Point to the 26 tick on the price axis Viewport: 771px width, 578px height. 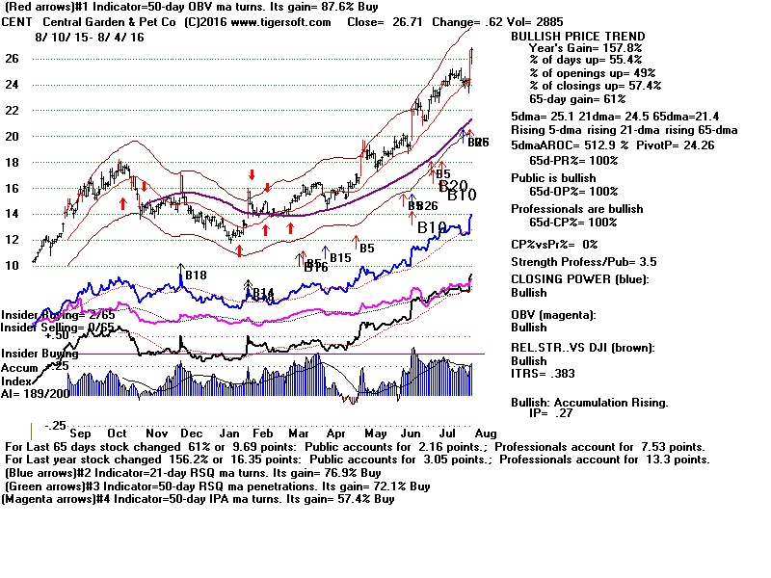coord(13,59)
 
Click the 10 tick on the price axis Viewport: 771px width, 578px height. coord(13,266)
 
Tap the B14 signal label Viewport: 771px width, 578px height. coord(263,293)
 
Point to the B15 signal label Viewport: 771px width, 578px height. coord(339,257)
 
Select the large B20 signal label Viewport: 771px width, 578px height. coord(453,186)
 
